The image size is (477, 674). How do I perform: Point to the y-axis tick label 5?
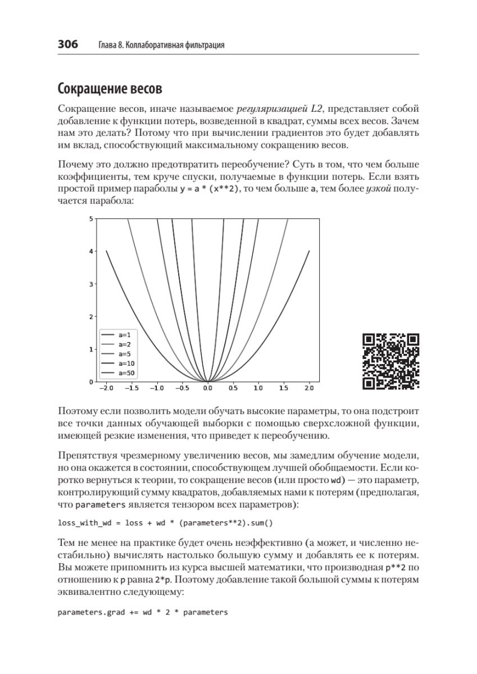pos(90,218)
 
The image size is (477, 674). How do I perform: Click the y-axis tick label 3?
pos(90,284)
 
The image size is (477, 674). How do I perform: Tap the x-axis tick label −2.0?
pos(105,388)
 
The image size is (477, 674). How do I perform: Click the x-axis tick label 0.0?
pos(207,388)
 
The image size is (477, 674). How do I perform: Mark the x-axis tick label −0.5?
pos(182,388)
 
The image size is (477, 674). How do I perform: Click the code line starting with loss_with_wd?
pos(165,523)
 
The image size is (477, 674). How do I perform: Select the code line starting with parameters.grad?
pos(143,612)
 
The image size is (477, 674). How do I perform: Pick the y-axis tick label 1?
pos(90,349)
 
